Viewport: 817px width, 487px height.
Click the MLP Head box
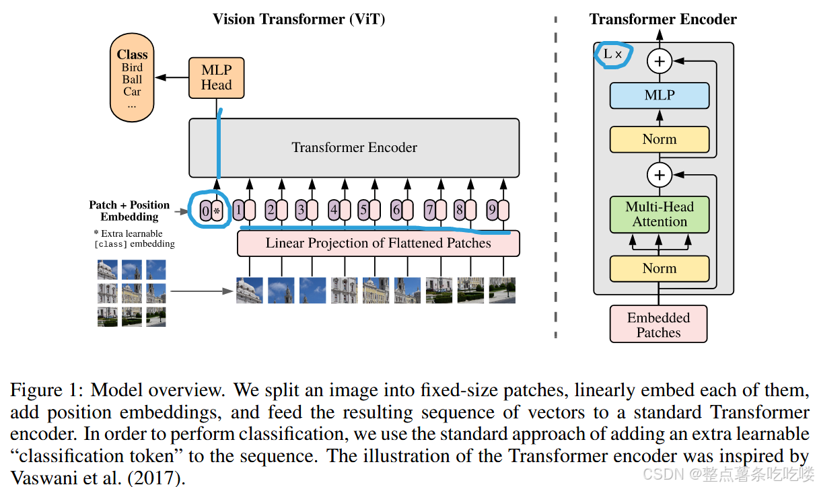tap(216, 77)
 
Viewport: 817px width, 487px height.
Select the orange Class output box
tap(132, 80)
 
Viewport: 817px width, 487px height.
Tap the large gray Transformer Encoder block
tap(354, 147)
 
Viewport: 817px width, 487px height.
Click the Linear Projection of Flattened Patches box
tap(378, 243)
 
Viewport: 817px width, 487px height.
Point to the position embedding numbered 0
tap(206, 211)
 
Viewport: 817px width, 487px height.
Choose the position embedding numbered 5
tap(363, 211)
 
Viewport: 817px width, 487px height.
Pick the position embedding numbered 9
tap(492, 211)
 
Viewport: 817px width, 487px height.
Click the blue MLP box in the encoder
tap(660, 96)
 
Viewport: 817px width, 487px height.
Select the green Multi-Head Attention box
tap(660, 214)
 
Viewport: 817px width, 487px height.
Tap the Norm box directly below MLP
tap(660, 139)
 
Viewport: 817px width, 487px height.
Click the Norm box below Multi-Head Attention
tap(660, 268)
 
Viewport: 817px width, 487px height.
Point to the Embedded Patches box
tap(659, 325)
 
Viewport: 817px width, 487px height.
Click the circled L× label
tap(612, 54)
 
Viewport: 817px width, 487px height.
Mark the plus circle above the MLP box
tap(660, 62)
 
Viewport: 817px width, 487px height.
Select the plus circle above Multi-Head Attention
tap(660, 176)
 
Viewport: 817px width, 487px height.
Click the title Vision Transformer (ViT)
tap(299, 19)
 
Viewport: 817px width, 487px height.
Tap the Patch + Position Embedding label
tap(129, 211)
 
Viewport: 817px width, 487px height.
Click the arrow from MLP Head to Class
tap(171, 77)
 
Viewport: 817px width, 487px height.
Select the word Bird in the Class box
tap(132, 67)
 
